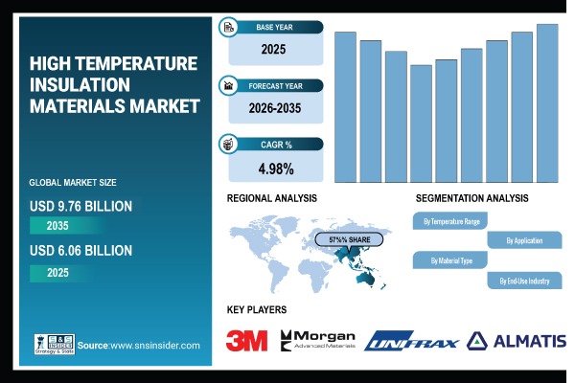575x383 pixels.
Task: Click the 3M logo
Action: tap(247, 341)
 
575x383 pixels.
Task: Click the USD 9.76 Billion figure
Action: tap(80, 206)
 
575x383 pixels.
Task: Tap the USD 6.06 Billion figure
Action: tap(80, 250)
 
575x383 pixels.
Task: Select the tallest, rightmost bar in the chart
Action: tap(547, 102)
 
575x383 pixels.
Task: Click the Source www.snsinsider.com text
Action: tap(138, 345)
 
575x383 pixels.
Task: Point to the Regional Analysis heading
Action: tap(272, 198)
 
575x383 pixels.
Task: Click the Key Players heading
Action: tap(256, 310)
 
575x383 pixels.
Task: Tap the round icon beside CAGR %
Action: tap(229, 145)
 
